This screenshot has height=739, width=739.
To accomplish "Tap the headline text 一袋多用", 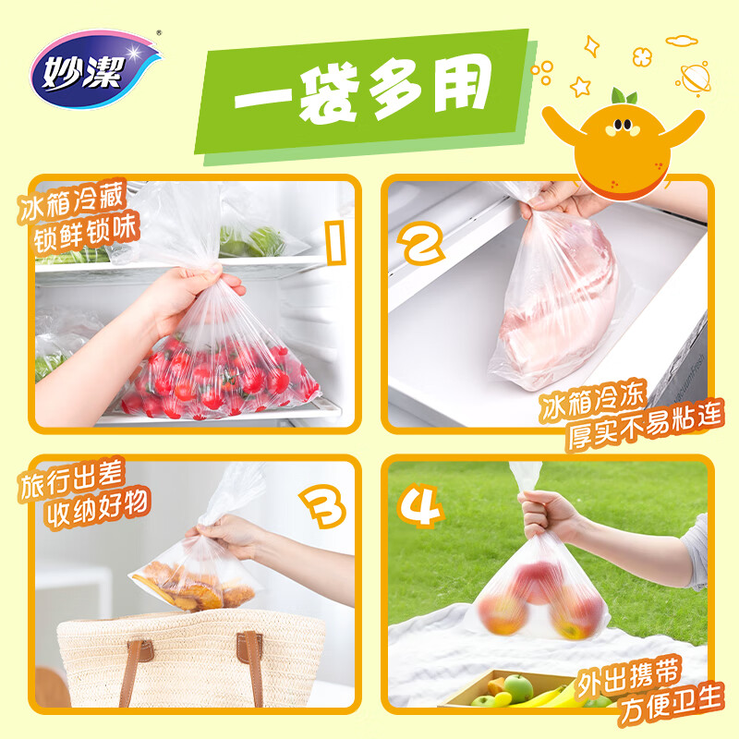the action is tap(363, 91).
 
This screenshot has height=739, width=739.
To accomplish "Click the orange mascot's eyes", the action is tap(623, 125).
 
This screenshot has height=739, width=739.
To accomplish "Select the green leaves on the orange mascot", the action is tap(624, 96).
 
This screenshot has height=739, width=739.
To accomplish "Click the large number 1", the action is tap(335, 244).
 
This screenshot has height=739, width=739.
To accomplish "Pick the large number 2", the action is tap(421, 242).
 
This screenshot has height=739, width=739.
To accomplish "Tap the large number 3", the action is tap(322, 505).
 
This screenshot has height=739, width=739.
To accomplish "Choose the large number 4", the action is tap(420, 504).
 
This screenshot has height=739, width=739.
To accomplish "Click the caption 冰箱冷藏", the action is tap(72, 200).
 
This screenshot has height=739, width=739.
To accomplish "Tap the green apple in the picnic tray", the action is tap(518, 688).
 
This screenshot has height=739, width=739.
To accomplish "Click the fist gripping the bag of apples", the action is tap(547, 515).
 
